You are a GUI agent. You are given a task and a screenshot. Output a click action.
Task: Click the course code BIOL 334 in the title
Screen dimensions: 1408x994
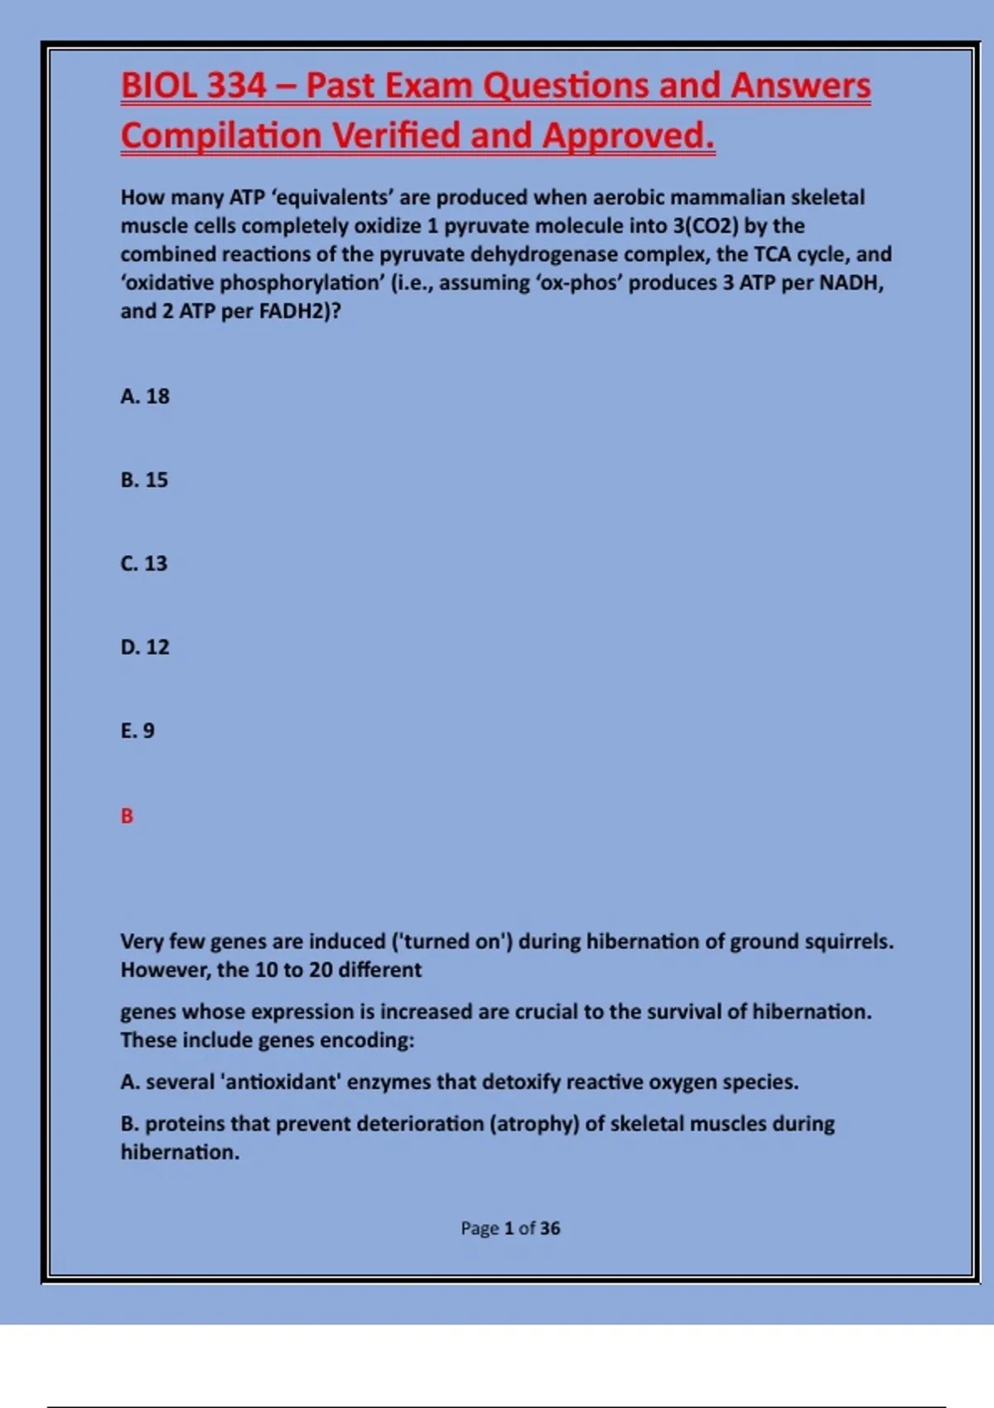[x=194, y=86]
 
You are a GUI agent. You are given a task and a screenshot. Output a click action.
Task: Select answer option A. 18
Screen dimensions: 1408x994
[x=145, y=397]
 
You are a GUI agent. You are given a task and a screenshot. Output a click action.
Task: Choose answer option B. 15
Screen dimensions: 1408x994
[x=144, y=480]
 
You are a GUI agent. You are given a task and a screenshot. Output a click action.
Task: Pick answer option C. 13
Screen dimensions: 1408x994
[x=144, y=564]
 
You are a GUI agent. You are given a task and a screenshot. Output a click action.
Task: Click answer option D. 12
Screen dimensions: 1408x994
[x=145, y=648]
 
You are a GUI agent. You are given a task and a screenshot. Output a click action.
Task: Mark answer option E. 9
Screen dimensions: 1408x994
[x=138, y=731]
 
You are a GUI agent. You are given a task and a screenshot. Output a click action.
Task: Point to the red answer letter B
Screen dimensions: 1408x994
[x=127, y=817]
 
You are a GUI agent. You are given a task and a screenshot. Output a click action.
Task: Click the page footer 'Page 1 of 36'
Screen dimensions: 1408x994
[x=510, y=1228]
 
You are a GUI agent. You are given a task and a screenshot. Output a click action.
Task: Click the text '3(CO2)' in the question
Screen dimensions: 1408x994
[x=705, y=226]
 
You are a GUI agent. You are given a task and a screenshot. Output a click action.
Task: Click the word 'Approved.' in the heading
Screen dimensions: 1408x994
[x=629, y=136]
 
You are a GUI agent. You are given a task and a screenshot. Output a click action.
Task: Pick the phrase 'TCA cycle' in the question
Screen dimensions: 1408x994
[x=801, y=254]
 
